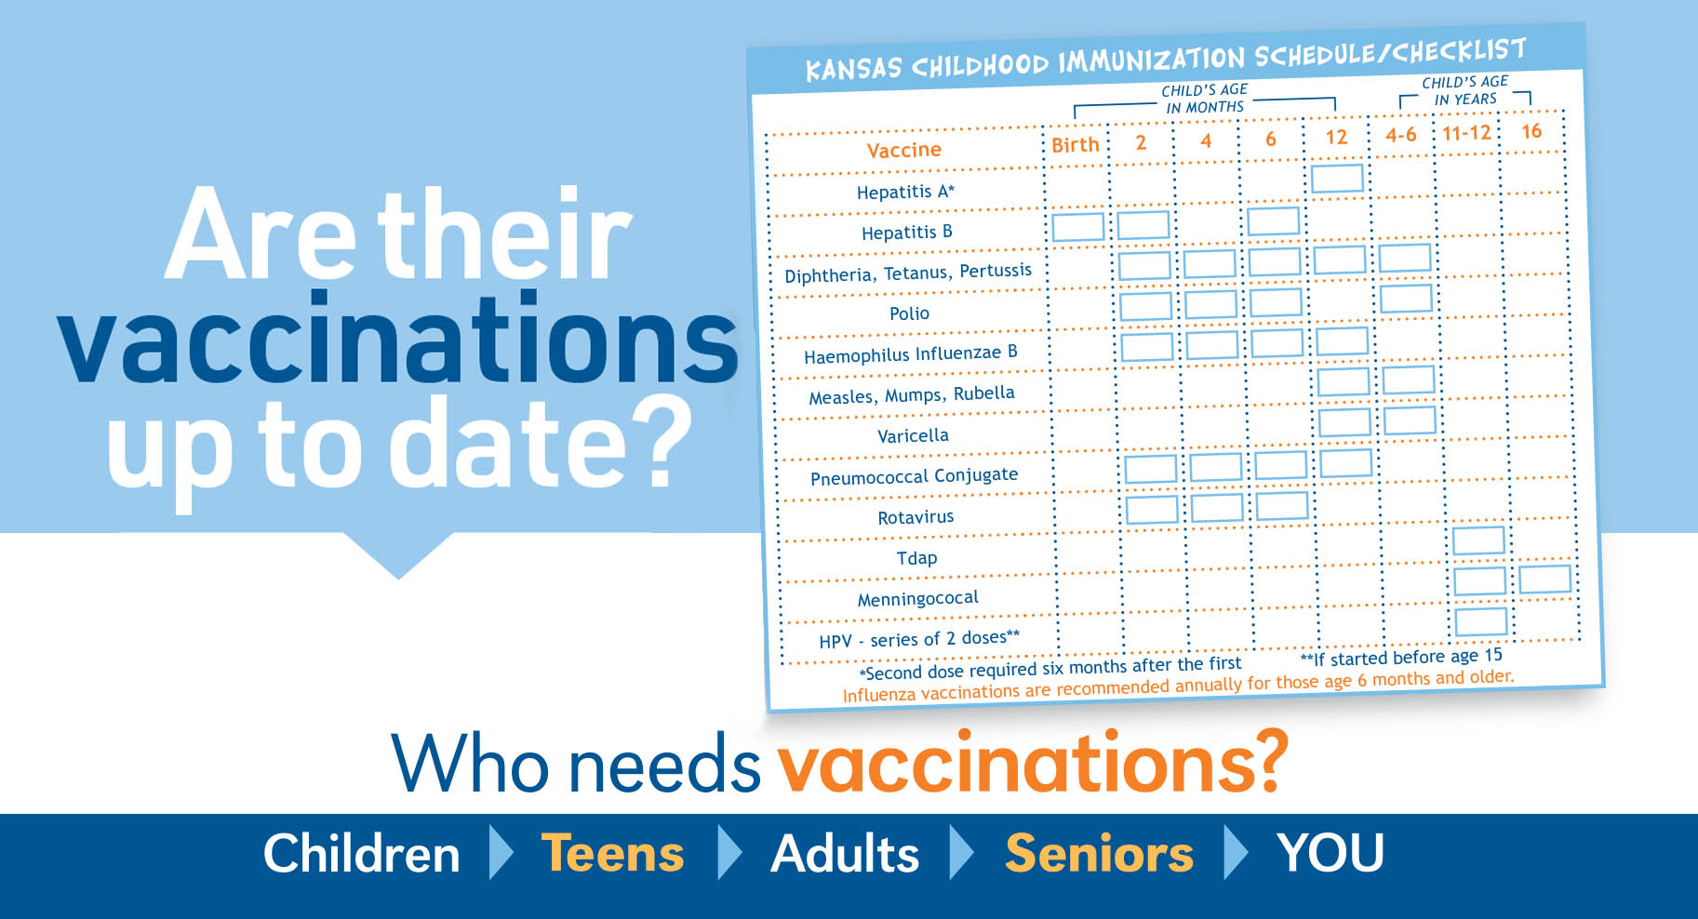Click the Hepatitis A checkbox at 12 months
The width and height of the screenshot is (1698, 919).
pos(1337,178)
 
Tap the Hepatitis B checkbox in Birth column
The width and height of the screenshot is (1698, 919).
pos(1077,227)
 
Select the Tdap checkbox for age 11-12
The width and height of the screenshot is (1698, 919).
pos(1478,540)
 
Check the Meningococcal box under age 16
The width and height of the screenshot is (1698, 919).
pos(1544,579)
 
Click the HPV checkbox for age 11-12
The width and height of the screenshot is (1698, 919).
pos(1480,621)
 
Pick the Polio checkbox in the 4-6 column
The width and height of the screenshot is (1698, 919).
pos(1406,299)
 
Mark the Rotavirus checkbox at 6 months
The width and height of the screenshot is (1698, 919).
pos(1282,506)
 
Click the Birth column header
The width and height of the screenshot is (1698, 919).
pos(1076,145)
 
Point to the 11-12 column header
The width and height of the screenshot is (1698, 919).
pos(1466,133)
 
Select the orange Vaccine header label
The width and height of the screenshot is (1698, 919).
pos(904,150)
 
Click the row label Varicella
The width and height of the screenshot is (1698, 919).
pos(913,435)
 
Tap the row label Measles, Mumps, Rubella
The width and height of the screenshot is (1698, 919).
pos(912,395)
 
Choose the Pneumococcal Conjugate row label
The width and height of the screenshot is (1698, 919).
pos(914,476)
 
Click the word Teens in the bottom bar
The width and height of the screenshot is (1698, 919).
pos(612,853)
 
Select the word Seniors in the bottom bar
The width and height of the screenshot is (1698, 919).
pos(1099,853)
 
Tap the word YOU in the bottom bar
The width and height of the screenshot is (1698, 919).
pos(1330,853)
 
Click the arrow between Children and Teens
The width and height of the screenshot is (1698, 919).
pos(501,852)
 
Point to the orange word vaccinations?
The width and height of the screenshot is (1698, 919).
pos(1034,763)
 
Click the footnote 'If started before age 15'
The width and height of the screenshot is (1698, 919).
pos(1401,657)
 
